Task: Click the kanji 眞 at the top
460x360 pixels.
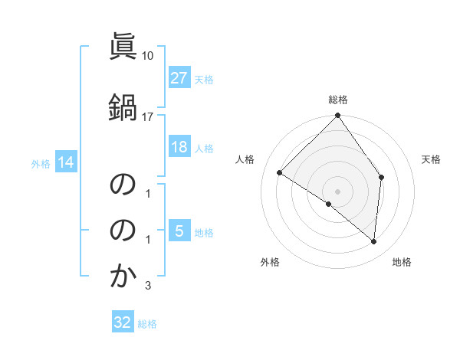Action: pyautogui.click(x=123, y=47)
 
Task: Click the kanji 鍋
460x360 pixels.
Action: pyautogui.click(x=123, y=106)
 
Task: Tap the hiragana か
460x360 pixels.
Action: pyautogui.click(x=123, y=276)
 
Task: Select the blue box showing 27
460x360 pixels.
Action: pyautogui.click(x=179, y=78)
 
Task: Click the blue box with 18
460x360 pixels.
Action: pyautogui.click(x=179, y=147)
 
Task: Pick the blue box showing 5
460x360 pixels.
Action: pyautogui.click(x=179, y=231)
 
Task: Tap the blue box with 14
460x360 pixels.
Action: pyautogui.click(x=66, y=162)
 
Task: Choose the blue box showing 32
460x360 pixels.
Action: pyautogui.click(x=123, y=322)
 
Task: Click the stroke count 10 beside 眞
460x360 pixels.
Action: pyautogui.click(x=148, y=56)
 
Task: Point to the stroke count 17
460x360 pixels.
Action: pyautogui.click(x=148, y=116)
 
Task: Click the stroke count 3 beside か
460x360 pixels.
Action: pyautogui.click(x=148, y=286)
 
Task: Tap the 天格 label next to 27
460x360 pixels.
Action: pyautogui.click(x=204, y=79)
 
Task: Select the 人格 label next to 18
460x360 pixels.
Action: pyautogui.click(x=204, y=148)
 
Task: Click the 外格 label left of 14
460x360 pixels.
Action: pyautogui.click(x=41, y=163)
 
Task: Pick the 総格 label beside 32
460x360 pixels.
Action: pyautogui.click(x=147, y=323)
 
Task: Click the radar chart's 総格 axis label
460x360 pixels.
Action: pyautogui.click(x=337, y=100)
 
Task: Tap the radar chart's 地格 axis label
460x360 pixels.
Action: pyautogui.click(x=402, y=263)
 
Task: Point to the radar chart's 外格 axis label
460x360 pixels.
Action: pyautogui.click(x=270, y=263)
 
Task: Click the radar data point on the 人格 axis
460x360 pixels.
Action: pyautogui.click(x=280, y=173)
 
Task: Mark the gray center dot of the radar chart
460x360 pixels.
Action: pyautogui.click(x=337, y=191)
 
